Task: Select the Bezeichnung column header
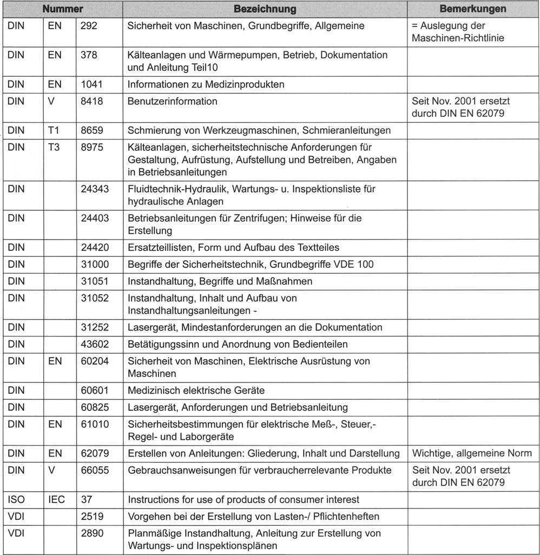pos(265,9)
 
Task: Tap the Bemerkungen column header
pos(473,9)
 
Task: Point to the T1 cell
pos(54,130)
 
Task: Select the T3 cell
pos(54,147)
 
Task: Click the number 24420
pos(95,248)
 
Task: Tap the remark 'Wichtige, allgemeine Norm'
pos(472,453)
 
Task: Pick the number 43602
pos(95,344)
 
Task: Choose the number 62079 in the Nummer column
pos(95,453)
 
